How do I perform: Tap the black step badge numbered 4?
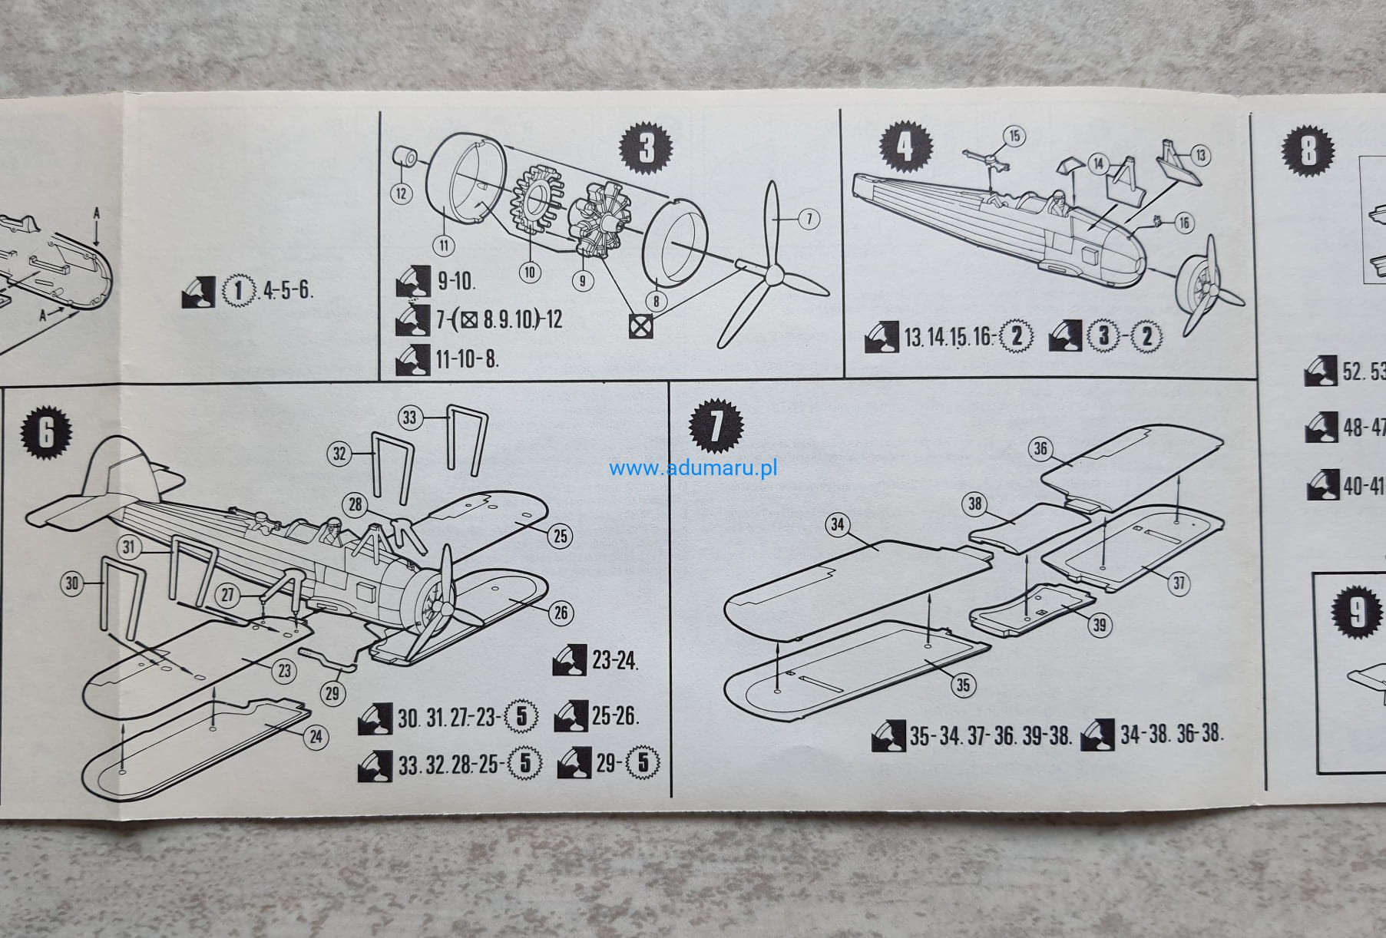coord(908,146)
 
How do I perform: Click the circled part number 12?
coord(400,193)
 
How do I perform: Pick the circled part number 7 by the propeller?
coord(809,219)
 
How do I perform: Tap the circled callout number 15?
coord(1014,136)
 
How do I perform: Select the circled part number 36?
coord(1040,449)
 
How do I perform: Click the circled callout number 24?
coord(316,738)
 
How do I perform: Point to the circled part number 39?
coord(1100,625)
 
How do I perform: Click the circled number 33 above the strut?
coord(409,417)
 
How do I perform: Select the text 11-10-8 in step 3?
coord(468,358)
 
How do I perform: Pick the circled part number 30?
coord(71,583)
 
